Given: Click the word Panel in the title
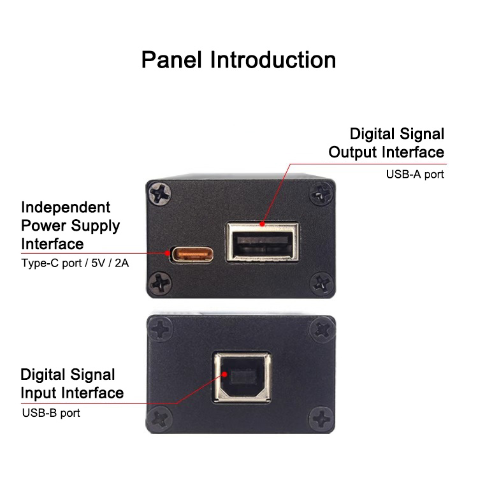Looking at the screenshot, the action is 171,60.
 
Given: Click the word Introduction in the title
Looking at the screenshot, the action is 273,60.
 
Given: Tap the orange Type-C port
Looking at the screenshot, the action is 192,254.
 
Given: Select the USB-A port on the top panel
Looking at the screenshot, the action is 262,242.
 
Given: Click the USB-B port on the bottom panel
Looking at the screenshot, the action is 242,377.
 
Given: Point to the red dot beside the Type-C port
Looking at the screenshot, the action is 167,253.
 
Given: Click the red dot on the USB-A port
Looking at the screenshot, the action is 262,224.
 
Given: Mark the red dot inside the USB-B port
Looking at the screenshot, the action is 225,374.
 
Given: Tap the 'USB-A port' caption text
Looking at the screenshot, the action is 415,175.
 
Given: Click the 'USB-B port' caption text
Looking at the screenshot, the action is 51,413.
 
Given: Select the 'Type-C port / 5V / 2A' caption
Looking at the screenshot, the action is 75,263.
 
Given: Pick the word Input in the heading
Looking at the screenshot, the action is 39,393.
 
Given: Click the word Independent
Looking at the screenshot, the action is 66,207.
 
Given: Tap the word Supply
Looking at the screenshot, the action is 96,226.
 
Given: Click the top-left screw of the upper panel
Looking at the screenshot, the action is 160,194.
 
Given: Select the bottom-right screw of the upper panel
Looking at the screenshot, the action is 321,284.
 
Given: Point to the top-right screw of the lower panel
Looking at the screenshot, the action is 322,330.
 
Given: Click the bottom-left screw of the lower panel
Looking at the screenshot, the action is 159,418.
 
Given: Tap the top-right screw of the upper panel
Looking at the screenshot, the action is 321,193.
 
